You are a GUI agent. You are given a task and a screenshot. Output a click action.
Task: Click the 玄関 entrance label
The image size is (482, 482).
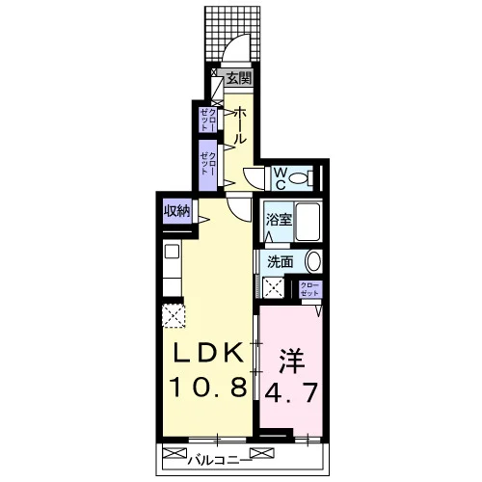point(238,78)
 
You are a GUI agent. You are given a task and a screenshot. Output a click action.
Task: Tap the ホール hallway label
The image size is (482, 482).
point(240,125)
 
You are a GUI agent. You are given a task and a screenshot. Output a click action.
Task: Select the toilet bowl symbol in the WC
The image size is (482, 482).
point(300,177)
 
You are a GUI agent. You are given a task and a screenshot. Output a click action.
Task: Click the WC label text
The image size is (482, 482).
point(280,178)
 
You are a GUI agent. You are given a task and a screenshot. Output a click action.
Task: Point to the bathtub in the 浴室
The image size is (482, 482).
point(308,222)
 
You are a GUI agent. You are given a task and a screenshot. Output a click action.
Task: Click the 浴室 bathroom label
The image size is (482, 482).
point(279,220)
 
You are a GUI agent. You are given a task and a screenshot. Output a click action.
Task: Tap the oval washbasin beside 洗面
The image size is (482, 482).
point(313,261)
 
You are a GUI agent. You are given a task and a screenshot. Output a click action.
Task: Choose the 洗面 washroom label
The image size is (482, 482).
point(281,262)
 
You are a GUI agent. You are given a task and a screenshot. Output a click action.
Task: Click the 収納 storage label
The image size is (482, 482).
point(177,211)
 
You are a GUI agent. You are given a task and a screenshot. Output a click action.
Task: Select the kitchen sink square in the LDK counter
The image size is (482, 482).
point(172,252)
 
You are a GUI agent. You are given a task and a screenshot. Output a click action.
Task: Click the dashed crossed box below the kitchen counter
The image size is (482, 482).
point(174,316)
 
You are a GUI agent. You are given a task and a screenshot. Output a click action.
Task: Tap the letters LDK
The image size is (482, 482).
point(208,354)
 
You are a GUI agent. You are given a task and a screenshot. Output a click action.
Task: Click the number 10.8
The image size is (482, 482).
point(208,387)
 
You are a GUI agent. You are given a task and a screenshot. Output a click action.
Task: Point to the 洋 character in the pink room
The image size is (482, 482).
point(292,361)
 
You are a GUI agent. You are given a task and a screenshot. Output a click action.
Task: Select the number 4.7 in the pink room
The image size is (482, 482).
point(291,392)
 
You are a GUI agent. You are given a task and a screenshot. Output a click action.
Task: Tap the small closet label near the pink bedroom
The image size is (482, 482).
point(310,289)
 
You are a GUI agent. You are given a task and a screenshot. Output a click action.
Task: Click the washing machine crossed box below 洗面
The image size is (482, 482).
point(274,287)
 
